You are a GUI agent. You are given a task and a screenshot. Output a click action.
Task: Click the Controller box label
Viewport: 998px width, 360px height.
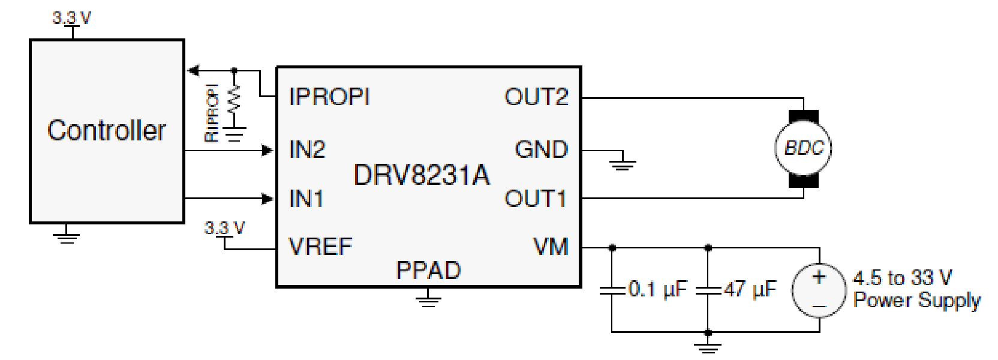pyautogui.click(x=106, y=130)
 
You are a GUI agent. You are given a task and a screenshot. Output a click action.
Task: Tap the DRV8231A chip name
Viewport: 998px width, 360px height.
pyautogui.click(x=421, y=175)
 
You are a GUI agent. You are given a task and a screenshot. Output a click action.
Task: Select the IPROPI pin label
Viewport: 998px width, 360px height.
pyautogui.click(x=329, y=97)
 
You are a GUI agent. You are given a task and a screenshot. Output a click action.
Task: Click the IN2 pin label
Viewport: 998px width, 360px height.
pyautogui.click(x=306, y=149)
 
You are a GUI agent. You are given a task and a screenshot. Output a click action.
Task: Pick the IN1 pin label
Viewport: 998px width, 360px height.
pyautogui.click(x=306, y=199)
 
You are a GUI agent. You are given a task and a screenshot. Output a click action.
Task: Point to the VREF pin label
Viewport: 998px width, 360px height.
pyautogui.click(x=320, y=247)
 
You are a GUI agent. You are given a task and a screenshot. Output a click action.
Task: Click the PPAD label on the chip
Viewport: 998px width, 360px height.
pyautogui.click(x=428, y=271)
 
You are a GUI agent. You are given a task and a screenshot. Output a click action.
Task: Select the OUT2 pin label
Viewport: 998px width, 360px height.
pyautogui.click(x=536, y=97)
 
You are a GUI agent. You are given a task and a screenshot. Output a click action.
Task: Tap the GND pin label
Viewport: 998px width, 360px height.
pyautogui.click(x=541, y=149)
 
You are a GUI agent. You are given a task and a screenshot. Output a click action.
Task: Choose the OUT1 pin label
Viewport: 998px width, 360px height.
pyautogui.click(x=536, y=199)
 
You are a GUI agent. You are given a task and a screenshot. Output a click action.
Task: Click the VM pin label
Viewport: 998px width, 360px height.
pyautogui.click(x=551, y=247)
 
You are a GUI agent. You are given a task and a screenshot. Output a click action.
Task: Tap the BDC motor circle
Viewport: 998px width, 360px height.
pyautogui.click(x=804, y=148)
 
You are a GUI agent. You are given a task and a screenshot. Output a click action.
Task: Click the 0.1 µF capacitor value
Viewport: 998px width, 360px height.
pyautogui.click(x=657, y=290)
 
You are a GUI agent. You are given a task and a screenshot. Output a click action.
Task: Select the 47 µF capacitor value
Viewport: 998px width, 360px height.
pyautogui.click(x=750, y=290)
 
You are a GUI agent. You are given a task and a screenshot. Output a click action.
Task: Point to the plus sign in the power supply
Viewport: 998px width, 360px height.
pyautogui.click(x=819, y=277)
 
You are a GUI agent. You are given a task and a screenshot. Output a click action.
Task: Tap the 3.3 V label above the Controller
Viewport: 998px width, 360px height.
pyautogui.click(x=71, y=18)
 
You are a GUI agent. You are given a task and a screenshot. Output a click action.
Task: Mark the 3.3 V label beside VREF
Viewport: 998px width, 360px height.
pyautogui.click(x=224, y=228)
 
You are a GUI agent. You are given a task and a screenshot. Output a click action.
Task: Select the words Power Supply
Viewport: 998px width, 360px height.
pyautogui.click(x=916, y=300)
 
